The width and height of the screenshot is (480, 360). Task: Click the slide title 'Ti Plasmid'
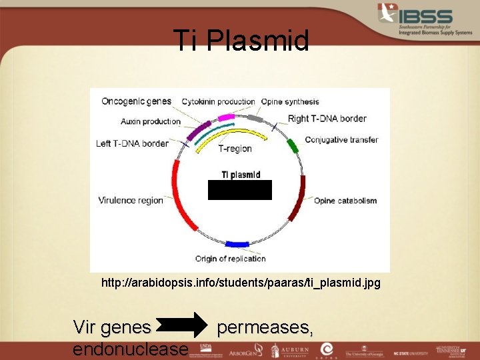coord(241,40)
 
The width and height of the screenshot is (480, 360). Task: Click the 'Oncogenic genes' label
coord(136,101)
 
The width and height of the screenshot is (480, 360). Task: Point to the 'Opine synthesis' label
coord(290,102)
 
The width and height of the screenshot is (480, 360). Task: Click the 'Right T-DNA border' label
coord(327,119)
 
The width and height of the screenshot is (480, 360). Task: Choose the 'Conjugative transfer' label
coord(341,140)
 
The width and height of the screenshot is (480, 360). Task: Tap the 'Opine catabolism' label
coord(345,201)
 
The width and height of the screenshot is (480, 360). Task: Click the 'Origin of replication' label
coord(230,259)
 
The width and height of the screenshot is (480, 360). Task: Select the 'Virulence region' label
coord(131,200)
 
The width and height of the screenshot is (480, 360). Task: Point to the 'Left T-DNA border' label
coord(132,143)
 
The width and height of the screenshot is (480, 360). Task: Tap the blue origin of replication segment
coord(237,244)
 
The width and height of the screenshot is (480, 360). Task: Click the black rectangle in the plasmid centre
coord(240,190)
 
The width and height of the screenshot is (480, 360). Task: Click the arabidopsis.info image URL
coord(241,283)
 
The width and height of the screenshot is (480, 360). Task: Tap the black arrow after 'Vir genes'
coord(184,327)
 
